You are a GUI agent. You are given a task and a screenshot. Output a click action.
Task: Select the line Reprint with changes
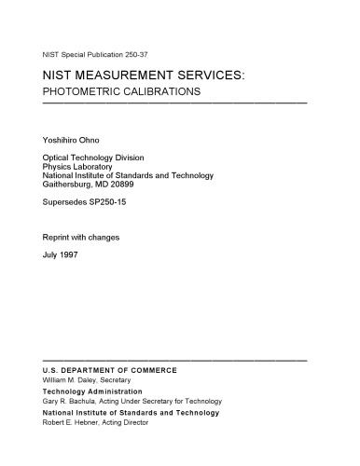pos(81,237)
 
